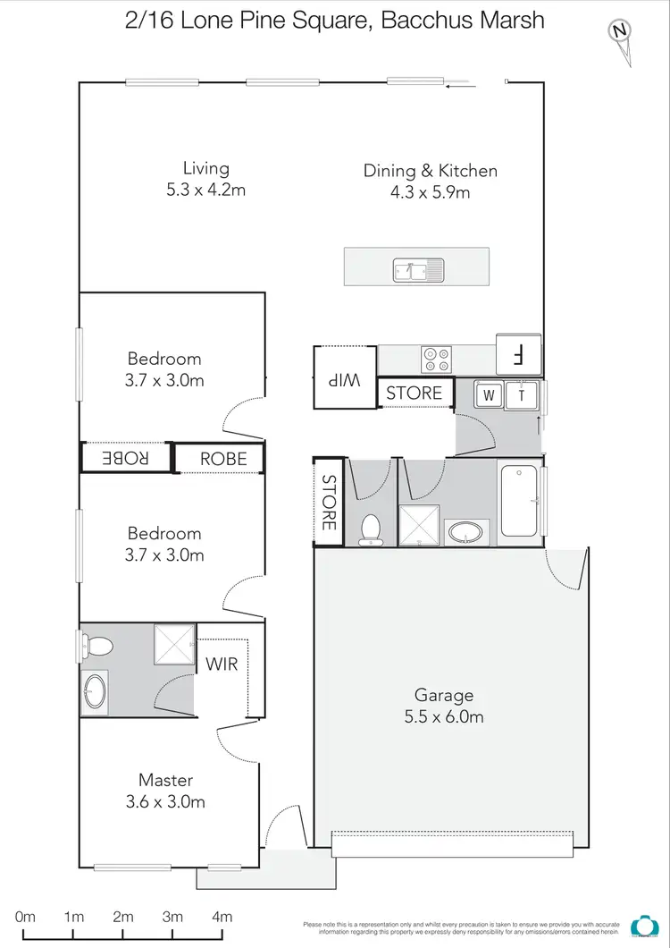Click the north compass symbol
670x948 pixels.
[619, 33]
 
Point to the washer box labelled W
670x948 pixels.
[489, 394]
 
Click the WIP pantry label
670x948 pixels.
[343, 379]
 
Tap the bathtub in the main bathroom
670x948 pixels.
[519, 501]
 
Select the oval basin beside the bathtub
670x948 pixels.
[468, 533]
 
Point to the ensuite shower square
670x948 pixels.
[174, 644]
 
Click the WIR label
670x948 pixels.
[222, 665]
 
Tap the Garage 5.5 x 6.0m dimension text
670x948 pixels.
[443, 716]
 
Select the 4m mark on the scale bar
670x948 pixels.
[222, 917]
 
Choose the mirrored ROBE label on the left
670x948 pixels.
[125, 458]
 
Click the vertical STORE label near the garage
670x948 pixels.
[328, 502]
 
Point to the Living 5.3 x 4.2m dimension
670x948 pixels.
[206, 190]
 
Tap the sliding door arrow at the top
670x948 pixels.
[460, 86]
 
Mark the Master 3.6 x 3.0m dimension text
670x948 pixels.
[165, 802]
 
